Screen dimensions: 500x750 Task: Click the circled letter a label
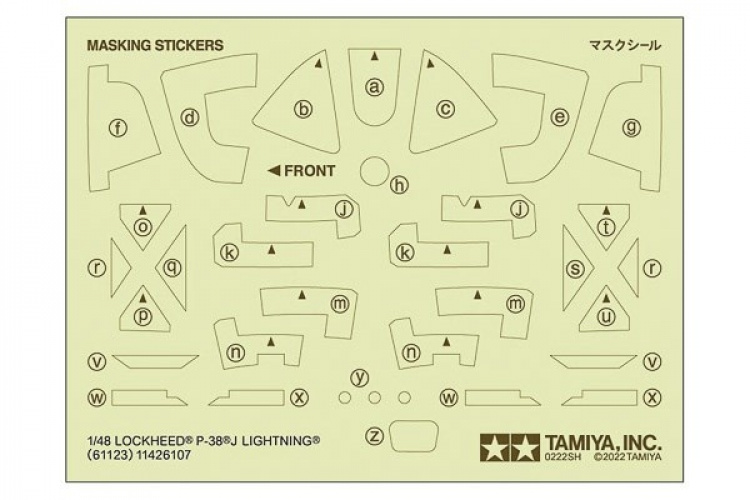[x=375, y=87]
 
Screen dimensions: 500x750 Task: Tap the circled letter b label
[x=304, y=110]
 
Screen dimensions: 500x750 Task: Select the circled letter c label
[x=446, y=110]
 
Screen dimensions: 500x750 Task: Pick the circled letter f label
[x=120, y=127]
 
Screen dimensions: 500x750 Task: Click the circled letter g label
[x=630, y=127]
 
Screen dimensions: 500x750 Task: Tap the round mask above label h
[x=374, y=170]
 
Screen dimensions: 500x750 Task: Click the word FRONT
[x=310, y=170]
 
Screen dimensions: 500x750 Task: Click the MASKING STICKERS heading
[x=155, y=45]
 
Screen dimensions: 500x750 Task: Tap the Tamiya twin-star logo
[x=496, y=441]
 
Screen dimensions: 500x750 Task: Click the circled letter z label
[x=375, y=435]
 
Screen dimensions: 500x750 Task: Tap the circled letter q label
[x=172, y=267]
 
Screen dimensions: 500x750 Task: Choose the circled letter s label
[x=575, y=268]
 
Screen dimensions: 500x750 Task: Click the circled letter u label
[x=605, y=316]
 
